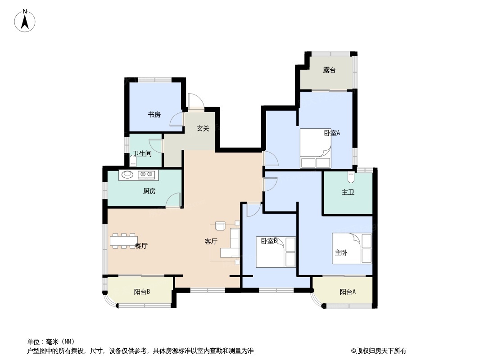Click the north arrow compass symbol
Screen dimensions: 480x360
[x=25, y=21]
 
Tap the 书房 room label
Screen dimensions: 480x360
[x=154, y=115]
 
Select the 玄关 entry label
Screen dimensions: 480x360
[x=203, y=128]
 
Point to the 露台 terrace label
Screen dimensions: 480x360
[x=329, y=70]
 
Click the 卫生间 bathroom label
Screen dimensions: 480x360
[x=142, y=153]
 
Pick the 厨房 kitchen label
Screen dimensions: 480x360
[x=149, y=191]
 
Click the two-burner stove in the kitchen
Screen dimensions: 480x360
[x=146, y=175]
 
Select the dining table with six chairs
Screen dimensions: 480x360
[x=123, y=241]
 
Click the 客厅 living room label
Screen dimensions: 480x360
[x=211, y=241]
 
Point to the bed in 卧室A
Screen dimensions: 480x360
[x=315, y=148]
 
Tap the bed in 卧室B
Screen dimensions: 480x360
[x=276, y=252]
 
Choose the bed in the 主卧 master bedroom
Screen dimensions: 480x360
[x=352, y=248]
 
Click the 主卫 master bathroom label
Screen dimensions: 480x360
[x=348, y=192]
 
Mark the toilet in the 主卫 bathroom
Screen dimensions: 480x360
[x=351, y=176]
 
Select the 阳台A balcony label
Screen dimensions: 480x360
[x=348, y=292]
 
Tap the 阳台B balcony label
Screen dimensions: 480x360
[x=142, y=292]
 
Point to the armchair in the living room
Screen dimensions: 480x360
[x=220, y=226]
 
